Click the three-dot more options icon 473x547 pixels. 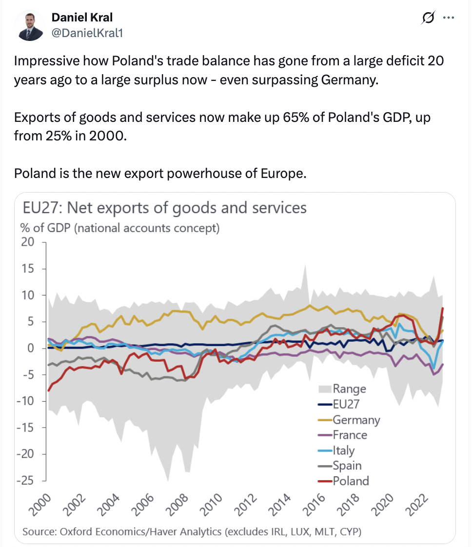click(448, 18)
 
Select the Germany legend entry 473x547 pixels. click(356, 419)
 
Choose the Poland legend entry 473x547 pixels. click(351, 481)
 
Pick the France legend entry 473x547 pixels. click(350, 435)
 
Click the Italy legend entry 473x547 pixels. click(343, 450)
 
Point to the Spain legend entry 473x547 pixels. click(347, 466)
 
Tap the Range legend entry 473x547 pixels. click(349, 389)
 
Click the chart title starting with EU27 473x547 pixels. click(165, 208)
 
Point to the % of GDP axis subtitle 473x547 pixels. click(119, 228)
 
